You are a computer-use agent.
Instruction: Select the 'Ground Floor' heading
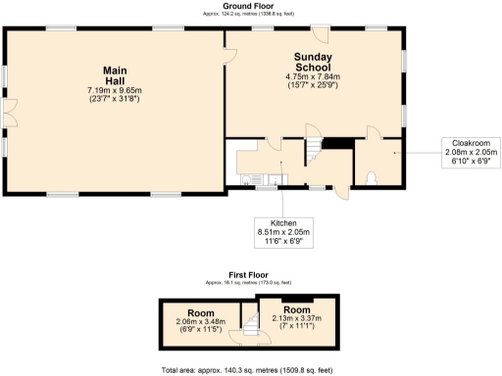[x=249, y=5]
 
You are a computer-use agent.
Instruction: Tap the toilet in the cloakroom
[x=373, y=178]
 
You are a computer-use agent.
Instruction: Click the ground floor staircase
[x=311, y=152]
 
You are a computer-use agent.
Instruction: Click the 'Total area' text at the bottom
[x=249, y=370]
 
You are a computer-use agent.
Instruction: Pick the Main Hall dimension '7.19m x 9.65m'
[x=114, y=90]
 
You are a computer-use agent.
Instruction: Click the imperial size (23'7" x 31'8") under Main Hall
[x=114, y=99]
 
